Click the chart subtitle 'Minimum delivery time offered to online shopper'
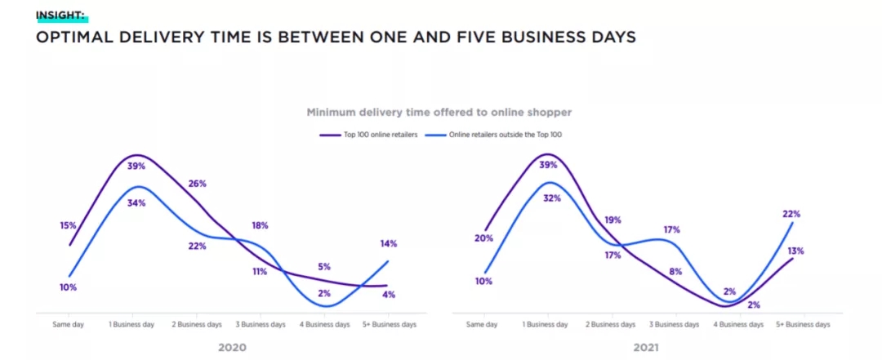click(x=439, y=112)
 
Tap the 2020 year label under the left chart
click(x=231, y=347)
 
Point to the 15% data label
click(x=68, y=225)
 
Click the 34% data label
click(x=136, y=202)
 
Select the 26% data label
click(x=197, y=183)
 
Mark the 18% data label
click(x=260, y=225)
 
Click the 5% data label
click(x=324, y=266)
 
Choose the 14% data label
click(x=388, y=243)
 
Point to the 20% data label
click(x=483, y=238)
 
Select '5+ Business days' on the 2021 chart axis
click(x=804, y=324)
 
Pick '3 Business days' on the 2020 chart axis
click(x=260, y=324)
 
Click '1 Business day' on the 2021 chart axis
click(x=546, y=324)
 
